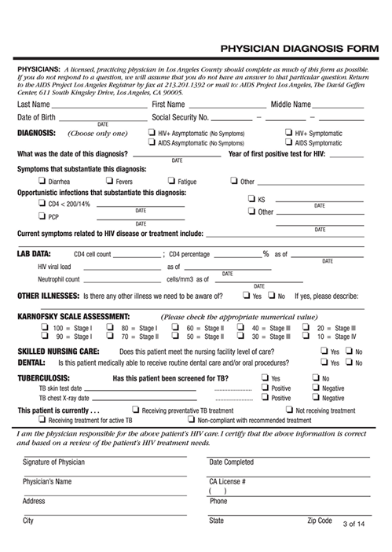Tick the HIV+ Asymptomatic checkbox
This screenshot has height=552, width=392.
152,133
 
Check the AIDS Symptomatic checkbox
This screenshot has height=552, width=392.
289,143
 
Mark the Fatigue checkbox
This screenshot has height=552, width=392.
172,181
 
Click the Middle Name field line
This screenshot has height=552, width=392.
339,106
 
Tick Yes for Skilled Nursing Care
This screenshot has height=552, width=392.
324,351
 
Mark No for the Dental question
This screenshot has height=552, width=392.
350,362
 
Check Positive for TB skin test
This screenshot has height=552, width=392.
266,388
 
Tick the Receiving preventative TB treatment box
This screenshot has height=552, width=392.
137,410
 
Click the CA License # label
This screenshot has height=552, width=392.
227,480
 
